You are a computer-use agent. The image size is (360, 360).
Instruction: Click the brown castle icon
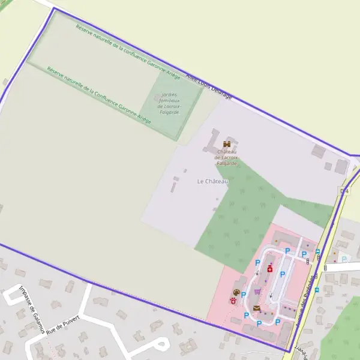226,144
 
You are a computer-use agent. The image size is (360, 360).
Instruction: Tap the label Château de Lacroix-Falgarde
226,157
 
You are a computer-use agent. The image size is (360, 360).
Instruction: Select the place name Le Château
213,181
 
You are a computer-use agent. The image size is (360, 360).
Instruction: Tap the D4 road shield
344,191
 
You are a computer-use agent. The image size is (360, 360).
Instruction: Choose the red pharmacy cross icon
270,269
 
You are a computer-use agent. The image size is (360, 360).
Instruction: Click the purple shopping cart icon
257,292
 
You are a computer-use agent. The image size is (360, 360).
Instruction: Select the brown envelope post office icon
257,308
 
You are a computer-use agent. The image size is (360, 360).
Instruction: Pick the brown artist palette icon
236,292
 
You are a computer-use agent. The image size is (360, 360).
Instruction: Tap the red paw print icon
233,301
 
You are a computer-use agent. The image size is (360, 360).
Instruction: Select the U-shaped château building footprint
215,141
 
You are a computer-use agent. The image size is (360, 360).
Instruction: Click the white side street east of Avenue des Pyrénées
342,266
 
